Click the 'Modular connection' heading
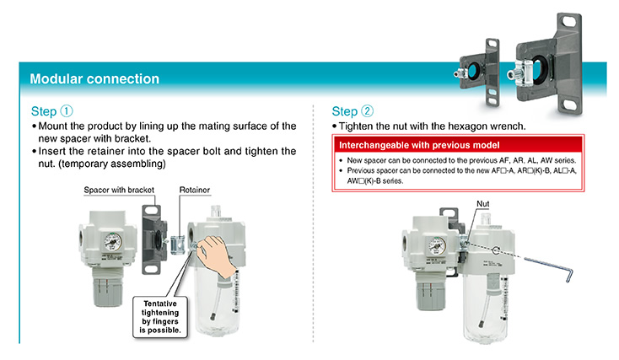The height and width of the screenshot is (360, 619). coord(94,79)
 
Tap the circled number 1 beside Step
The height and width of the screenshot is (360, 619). coord(67,111)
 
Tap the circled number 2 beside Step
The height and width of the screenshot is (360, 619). coord(367,111)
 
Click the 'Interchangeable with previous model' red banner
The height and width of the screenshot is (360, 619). coord(458,145)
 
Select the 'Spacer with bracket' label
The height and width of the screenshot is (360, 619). coord(119,190)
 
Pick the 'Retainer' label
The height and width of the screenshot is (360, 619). coord(195,190)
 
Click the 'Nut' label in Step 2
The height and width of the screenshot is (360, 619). coord(483,204)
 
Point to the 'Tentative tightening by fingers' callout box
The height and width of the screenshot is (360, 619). coord(160,317)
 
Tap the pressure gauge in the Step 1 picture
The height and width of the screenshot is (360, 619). coord(113,242)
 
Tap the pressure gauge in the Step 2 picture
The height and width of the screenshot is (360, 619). coord(437,246)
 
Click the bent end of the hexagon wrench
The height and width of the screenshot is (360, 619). coord(569,275)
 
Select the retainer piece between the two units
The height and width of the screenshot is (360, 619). coord(178,244)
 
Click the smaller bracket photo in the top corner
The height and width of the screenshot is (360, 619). coord(478,73)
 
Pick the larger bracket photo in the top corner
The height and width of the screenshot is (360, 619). coord(546,64)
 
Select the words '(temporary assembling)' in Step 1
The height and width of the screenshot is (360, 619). coord(111,164)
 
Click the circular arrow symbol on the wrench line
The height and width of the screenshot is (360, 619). coord(496,250)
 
